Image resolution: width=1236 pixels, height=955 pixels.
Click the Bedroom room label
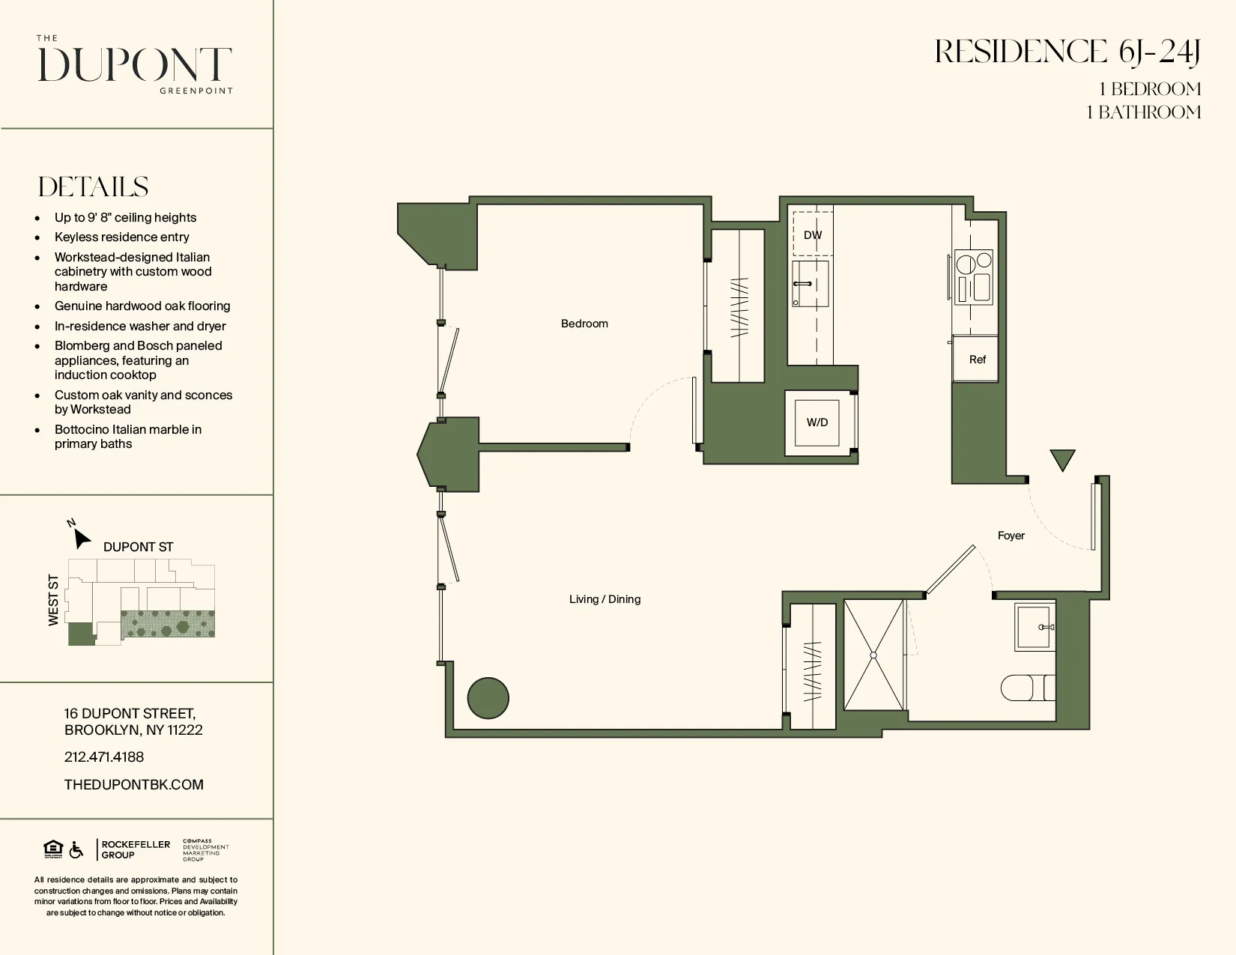pos(584,324)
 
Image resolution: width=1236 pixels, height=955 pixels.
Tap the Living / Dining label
pos(605,599)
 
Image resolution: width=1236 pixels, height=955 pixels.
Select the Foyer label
pos(1011,536)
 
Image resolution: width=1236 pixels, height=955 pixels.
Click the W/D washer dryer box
pos(817,422)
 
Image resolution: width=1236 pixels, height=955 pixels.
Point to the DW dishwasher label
pos(813,235)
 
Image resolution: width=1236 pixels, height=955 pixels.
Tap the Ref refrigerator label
pos(977,360)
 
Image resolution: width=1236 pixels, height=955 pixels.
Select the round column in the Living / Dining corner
pos(488,698)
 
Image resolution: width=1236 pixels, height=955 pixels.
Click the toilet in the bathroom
pos(1027,688)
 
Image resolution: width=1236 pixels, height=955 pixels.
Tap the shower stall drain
pos(873,655)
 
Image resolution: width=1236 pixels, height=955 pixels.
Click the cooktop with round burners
pos(974,277)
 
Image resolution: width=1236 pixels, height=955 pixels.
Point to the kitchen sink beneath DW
pos(811,284)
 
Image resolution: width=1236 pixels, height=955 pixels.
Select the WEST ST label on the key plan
pos(53,600)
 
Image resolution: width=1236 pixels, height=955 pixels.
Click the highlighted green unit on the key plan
pos(81,634)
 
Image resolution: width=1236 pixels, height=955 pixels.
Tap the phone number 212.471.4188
pos(104,757)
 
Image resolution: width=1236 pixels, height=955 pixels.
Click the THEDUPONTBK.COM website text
pos(134,785)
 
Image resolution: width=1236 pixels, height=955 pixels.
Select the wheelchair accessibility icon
pos(76,850)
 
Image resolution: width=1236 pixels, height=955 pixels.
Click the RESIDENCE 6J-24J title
pos(1067,52)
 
